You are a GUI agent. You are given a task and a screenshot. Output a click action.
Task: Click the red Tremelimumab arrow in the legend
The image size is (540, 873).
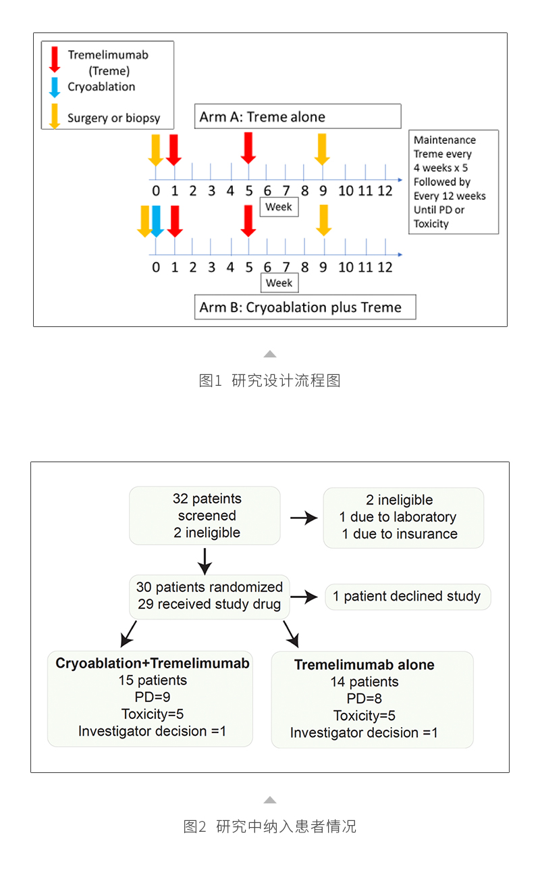point(55,59)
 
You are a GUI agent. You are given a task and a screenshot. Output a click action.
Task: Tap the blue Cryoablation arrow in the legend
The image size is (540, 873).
point(55,87)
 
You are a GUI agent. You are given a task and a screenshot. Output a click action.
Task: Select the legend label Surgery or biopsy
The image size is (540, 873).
point(113,118)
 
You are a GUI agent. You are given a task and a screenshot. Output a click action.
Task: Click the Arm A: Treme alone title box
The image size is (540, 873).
point(298,116)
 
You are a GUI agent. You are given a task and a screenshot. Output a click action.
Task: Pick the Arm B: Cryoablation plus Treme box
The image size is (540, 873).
point(304,307)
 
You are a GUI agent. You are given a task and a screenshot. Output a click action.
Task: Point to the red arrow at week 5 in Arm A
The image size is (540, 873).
point(248,147)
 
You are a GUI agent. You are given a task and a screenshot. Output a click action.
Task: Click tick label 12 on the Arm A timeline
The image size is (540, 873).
point(384,191)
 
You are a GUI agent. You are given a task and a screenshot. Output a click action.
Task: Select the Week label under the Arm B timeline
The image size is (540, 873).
point(279,282)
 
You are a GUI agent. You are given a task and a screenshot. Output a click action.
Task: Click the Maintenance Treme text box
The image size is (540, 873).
point(453,182)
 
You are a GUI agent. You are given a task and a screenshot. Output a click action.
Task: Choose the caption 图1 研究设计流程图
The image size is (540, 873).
point(270,380)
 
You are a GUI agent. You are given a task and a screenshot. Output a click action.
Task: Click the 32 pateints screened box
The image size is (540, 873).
point(205,516)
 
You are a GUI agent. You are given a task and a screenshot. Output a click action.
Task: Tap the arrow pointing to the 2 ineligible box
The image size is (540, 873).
point(303,518)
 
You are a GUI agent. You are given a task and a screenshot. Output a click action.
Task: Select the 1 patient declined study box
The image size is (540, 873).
point(407,597)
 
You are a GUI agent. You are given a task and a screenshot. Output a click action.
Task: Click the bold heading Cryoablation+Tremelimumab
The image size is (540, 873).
point(153,664)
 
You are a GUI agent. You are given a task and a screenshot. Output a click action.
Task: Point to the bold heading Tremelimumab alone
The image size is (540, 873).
point(364,665)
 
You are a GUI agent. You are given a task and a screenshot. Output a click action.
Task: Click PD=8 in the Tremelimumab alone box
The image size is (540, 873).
point(364,699)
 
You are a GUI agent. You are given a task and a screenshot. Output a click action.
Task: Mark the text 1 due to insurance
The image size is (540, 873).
point(399,534)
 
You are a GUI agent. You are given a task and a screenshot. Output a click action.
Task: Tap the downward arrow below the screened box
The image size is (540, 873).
point(205,560)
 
